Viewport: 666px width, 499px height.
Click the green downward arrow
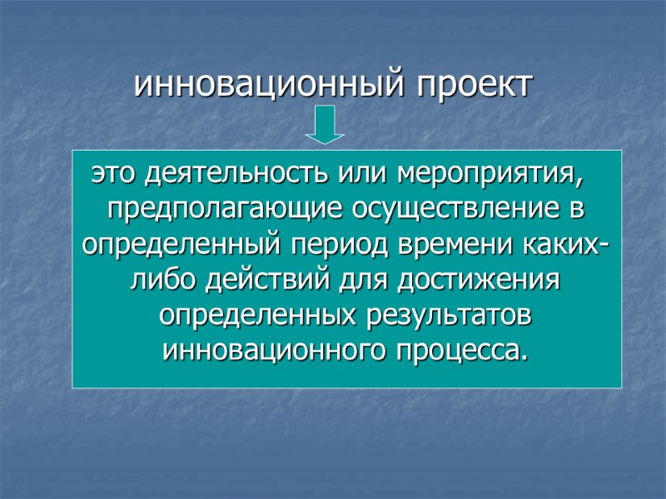click(x=325, y=126)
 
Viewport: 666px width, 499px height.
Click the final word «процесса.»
click(x=460, y=352)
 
